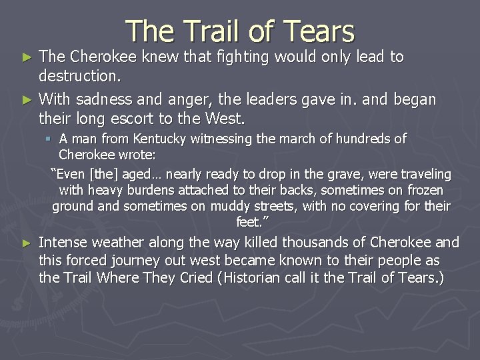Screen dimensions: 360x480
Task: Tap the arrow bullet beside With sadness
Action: pos(27,101)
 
